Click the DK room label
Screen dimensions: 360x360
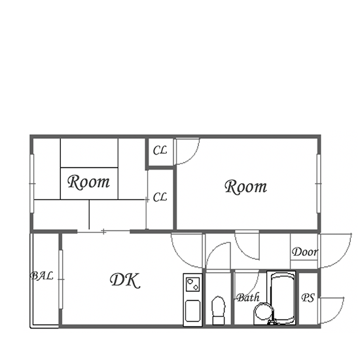125,280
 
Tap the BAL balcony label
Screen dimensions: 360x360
42,276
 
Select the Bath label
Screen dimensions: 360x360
248,298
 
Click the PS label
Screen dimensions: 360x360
308,298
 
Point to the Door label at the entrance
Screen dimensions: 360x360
305,252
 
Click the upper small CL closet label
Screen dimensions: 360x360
160,151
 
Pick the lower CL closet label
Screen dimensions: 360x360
160,197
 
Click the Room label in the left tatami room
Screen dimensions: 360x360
88,182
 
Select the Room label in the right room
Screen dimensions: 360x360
246,187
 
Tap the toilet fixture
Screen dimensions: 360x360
218,310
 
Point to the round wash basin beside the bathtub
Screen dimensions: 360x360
264,312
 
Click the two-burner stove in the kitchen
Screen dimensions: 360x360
192,284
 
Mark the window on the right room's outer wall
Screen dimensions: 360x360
319,184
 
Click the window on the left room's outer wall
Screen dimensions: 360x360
32,184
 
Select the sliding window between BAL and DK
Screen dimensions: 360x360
61,279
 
